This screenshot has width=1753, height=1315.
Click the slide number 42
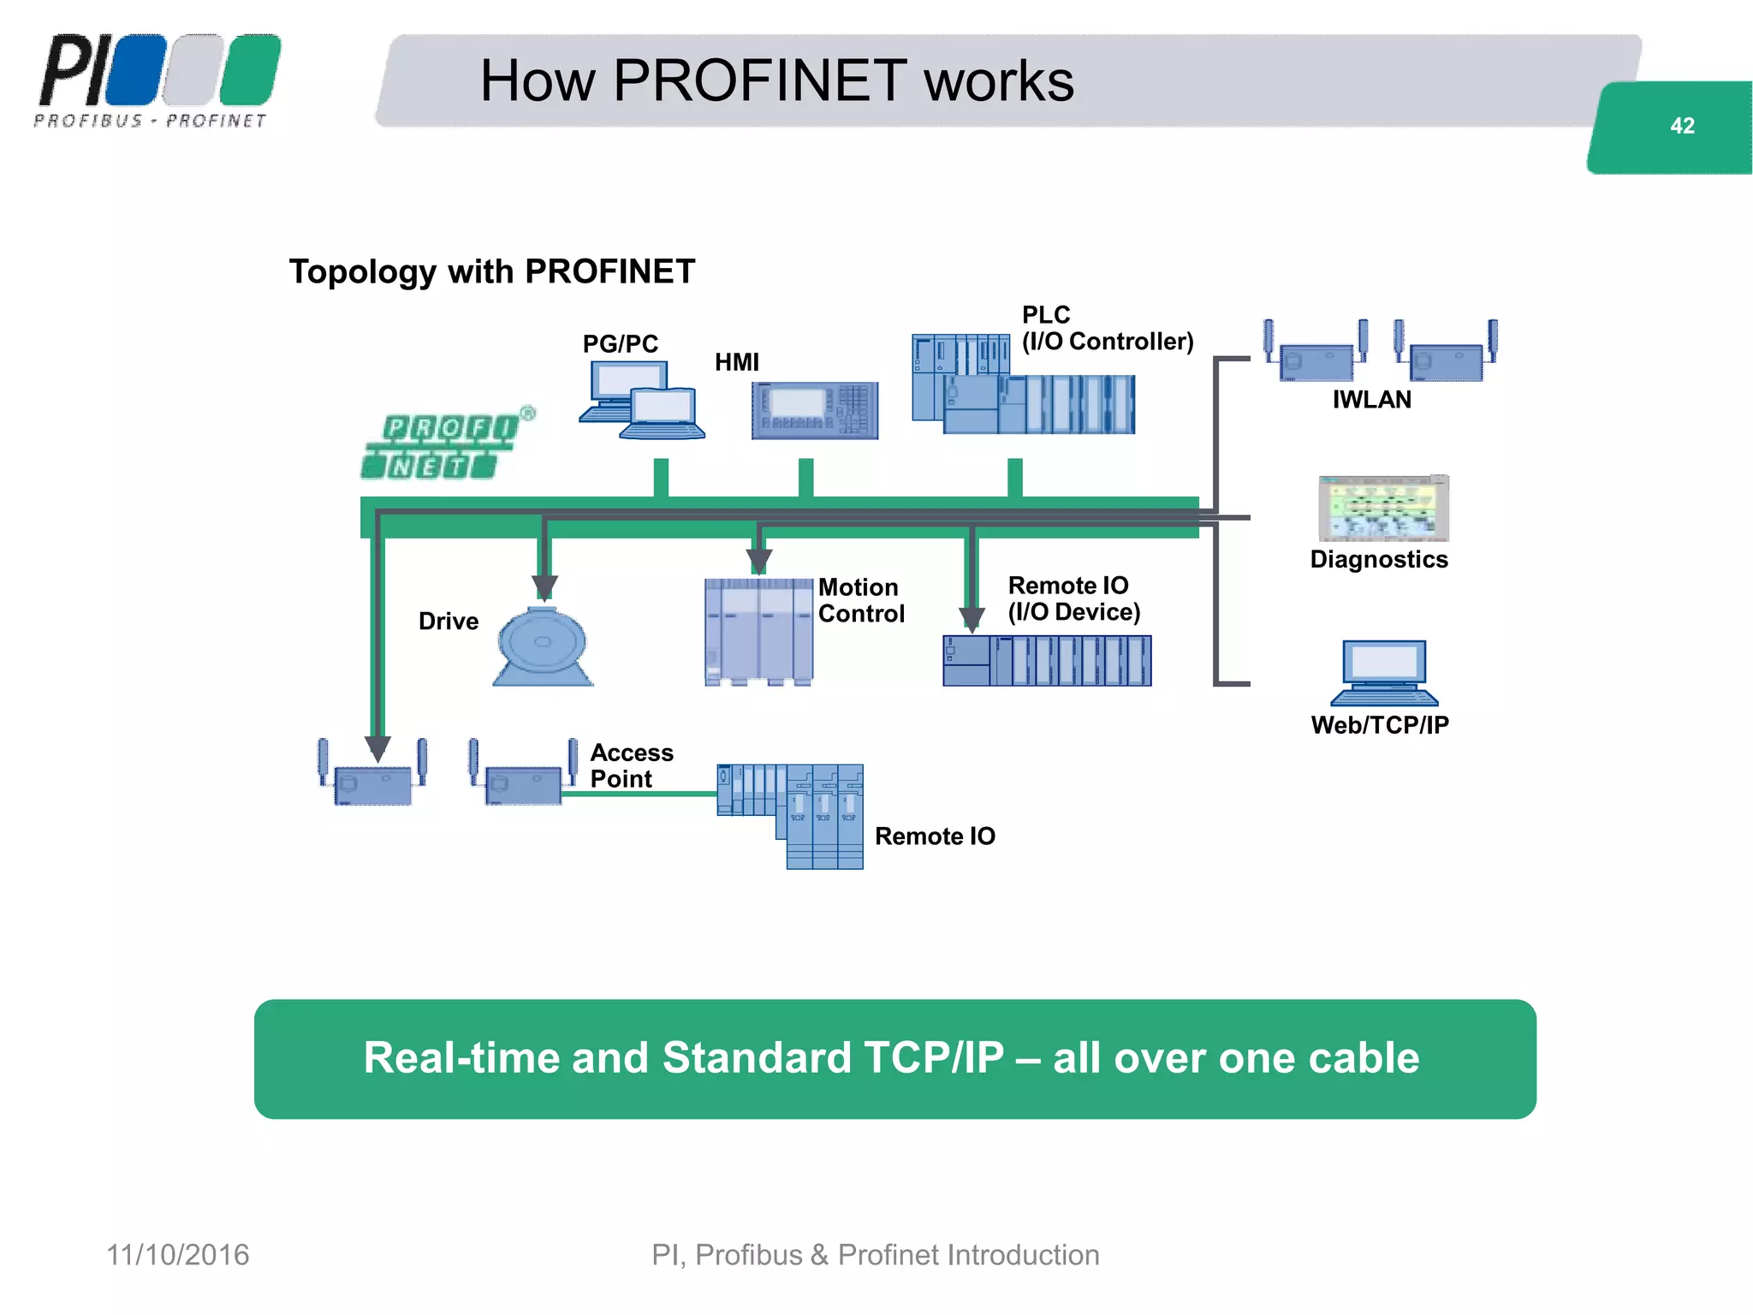1681,126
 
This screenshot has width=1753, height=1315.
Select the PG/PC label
620,343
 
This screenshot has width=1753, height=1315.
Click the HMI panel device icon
814,410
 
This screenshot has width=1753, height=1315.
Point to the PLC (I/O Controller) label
1106,328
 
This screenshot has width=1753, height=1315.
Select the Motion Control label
860,600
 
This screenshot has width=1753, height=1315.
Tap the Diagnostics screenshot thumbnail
1382,508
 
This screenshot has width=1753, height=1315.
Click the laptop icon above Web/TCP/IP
1383,672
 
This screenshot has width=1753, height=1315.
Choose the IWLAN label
1371,399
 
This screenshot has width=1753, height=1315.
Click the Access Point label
631,765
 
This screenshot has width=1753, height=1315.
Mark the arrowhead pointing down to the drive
544,587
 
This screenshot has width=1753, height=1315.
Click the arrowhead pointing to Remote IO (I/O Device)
971,619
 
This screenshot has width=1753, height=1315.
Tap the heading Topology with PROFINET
491,271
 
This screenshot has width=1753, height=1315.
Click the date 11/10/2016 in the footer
177,1254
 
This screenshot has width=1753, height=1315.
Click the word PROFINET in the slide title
759,80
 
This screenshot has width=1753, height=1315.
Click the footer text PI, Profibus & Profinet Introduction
875,1254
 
